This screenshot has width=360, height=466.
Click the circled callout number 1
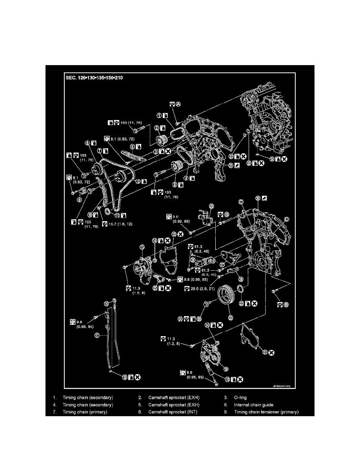160,115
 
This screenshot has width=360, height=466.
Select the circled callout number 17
96,335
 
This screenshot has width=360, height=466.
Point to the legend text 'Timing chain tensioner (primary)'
266,412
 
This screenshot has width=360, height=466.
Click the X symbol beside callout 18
138,377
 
